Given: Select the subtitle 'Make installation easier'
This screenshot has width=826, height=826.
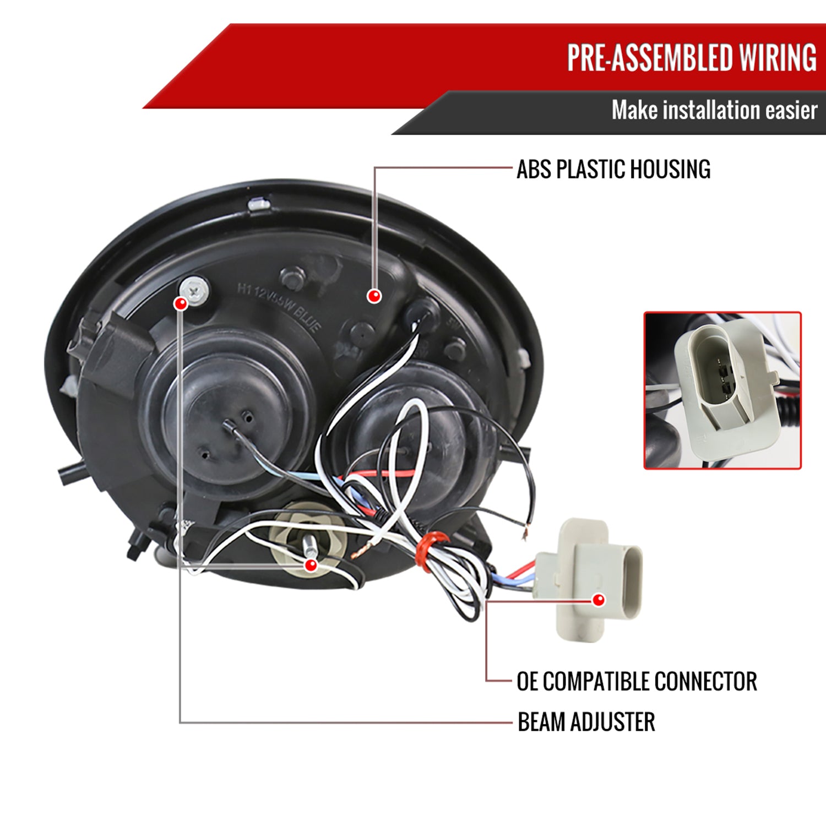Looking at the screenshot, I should coord(714,110).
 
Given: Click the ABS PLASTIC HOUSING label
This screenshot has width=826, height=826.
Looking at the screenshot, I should coord(613,169).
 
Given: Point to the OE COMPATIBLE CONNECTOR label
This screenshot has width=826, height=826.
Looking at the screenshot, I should coord(636,681).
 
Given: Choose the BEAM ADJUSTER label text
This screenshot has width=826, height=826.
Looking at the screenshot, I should coord(586,722).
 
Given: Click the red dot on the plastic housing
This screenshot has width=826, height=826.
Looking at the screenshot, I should coord(374,296).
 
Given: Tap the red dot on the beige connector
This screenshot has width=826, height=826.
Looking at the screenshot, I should coord(599,600).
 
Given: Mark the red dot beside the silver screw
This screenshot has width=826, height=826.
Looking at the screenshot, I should coord(180,303).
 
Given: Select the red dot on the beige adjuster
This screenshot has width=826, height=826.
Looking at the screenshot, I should coord(311,565).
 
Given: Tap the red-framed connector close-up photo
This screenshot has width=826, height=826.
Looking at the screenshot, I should coord(722,390).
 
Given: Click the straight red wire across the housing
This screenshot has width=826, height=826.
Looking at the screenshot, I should coord(380,474).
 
